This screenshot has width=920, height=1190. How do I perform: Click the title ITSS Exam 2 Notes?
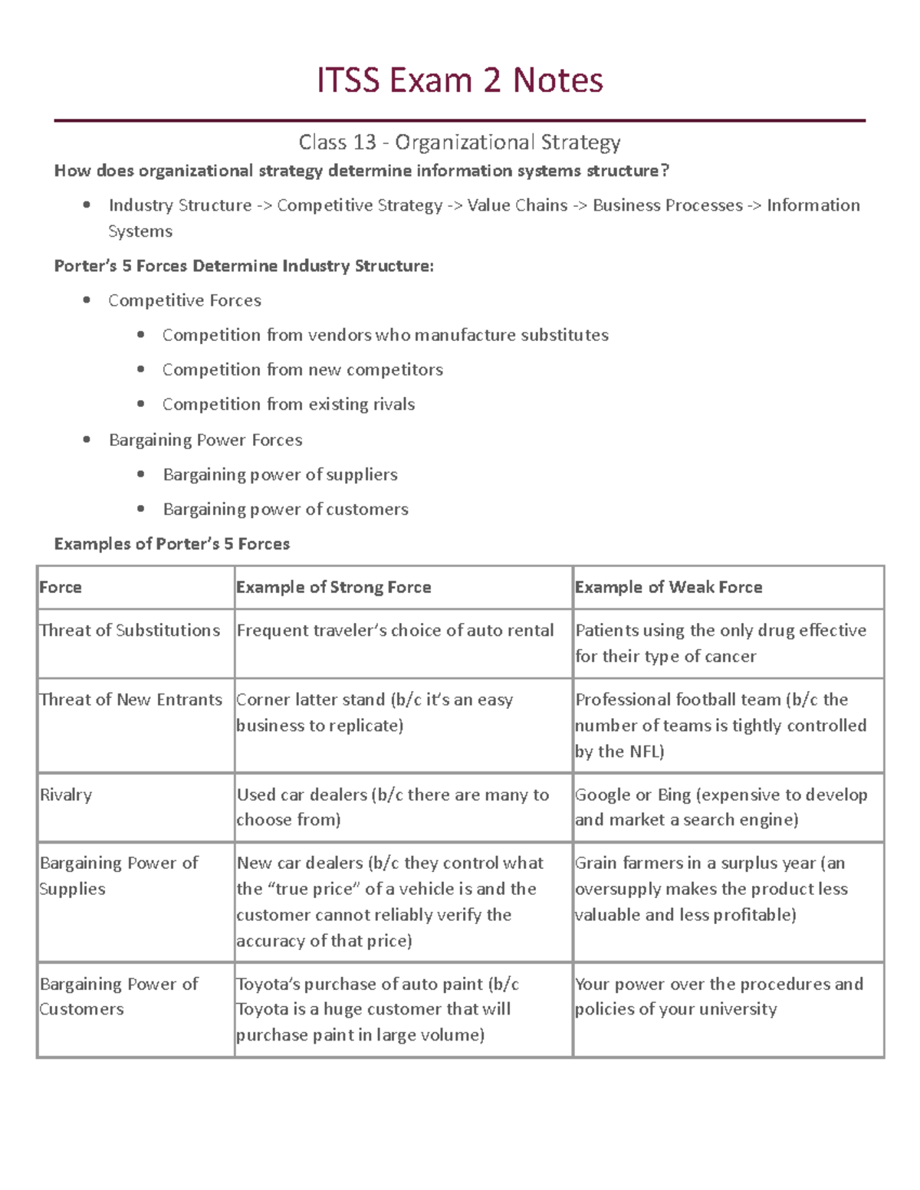(x=460, y=80)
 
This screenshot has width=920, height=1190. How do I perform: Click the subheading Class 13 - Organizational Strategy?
(x=460, y=143)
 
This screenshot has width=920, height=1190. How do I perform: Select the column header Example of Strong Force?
(x=333, y=588)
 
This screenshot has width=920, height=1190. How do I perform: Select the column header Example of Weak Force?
(x=669, y=588)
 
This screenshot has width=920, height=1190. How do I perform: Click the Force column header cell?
(x=61, y=588)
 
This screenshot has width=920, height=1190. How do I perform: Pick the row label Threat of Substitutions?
(x=130, y=631)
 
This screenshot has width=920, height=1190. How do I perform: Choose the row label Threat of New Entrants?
(x=130, y=700)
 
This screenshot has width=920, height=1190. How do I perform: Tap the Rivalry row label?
(x=66, y=795)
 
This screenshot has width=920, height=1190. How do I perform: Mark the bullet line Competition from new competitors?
(x=302, y=370)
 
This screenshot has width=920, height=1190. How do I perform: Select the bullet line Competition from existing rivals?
(x=288, y=405)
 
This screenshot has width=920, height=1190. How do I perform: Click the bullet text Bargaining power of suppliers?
(x=280, y=475)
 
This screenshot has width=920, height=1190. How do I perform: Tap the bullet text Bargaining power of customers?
(x=285, y=510)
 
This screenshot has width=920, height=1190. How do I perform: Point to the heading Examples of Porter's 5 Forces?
(x=172, y=544)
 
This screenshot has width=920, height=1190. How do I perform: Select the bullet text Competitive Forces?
(x=185, y=301)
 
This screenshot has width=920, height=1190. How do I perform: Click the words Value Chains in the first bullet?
(x=517, y=205)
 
